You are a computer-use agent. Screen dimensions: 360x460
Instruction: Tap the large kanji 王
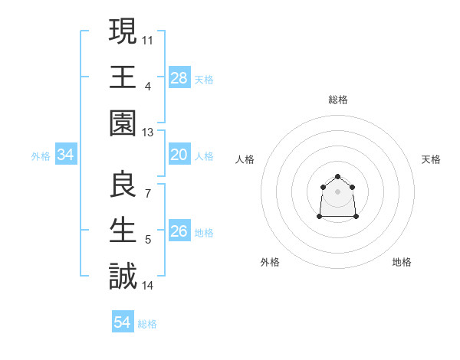click(123, 77)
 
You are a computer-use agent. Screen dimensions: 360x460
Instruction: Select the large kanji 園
click(123, 123)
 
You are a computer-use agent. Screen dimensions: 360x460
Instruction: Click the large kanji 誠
click(123, 276)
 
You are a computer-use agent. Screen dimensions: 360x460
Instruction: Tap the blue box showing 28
click(179, 77)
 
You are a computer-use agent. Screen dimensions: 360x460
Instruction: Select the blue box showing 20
click(179, 155)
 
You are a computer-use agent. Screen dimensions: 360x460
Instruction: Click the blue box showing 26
click(179, 231)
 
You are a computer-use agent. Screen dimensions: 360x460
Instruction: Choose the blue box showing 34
click(66, 155)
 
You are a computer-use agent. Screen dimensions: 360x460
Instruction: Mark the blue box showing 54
click(123, 322)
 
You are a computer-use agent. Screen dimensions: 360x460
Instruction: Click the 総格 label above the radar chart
click(337, 100)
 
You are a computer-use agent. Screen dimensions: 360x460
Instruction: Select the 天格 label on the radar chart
click(431, 159)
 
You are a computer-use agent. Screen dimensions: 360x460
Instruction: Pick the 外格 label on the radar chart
click(270, 262)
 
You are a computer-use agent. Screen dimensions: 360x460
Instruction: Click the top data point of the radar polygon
click(337, 177)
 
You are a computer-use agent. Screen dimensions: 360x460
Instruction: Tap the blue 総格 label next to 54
click(147, 324)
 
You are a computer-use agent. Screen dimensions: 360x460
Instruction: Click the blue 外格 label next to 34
click(41, 156)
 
